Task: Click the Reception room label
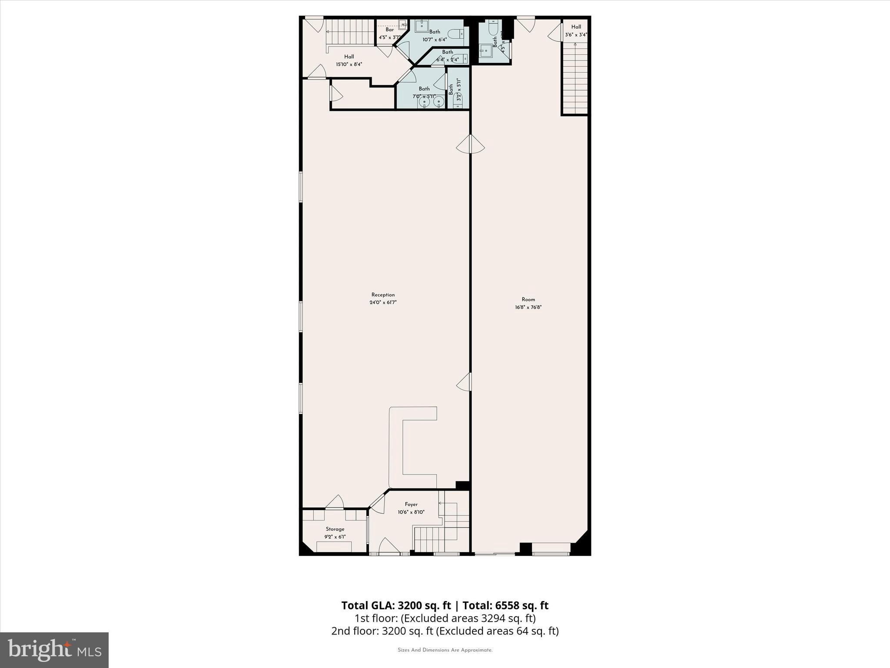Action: click(x=383, y=295)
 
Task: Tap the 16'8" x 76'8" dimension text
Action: click(x=528, y=307)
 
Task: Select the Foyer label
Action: click(x=411, y=504)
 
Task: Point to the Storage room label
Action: click(x=335, y=529)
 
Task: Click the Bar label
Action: click(x=389, y=30)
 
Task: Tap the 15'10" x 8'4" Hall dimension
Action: click(x=349, y=64)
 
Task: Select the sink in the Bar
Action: click(x=402, y=23)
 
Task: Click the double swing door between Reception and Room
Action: click(x=470, y=144)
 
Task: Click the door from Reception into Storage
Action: click(x=335, y=502)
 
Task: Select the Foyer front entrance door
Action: click(x=389, y=547)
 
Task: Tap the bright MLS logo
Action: click(x=54, y=650)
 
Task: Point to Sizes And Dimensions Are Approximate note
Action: click(x=445, y=650)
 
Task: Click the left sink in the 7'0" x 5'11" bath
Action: click(x=424, y=102)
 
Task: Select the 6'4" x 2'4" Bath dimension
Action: click(x=447, y=60)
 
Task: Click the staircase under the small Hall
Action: click(x=575, y=78)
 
